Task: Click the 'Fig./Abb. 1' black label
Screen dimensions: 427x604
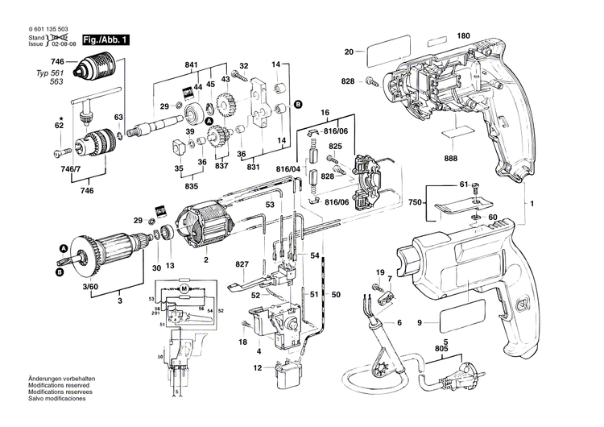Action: click(105, 39)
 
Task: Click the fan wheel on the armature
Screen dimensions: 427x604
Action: click(80, 251)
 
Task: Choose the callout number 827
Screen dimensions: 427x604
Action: click(242, 265)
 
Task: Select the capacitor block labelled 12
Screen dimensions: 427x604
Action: click(281, 374)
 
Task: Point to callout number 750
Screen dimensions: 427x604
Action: click(416, 202)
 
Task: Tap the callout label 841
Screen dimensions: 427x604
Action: click(191, 64)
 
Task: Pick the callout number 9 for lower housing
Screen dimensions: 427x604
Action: click(419, 323)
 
